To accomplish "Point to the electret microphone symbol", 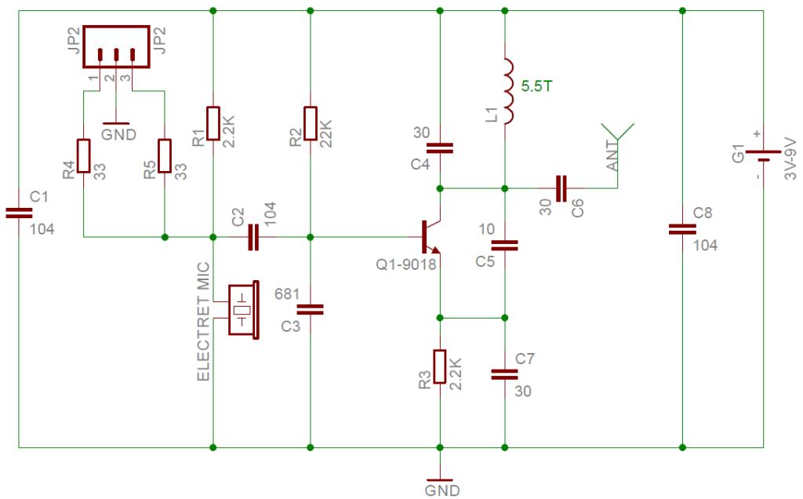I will point(243,309).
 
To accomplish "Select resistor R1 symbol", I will point(213,124).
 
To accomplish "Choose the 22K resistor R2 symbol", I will point(311,124).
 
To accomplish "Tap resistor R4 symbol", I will point(83,155).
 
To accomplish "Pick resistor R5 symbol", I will point(164,155).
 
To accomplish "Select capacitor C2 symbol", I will point(253,236).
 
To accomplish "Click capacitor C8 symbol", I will point(681,229).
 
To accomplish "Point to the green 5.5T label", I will point(536,86).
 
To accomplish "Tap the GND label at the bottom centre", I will point(441,491).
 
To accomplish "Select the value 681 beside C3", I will point(287,294).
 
